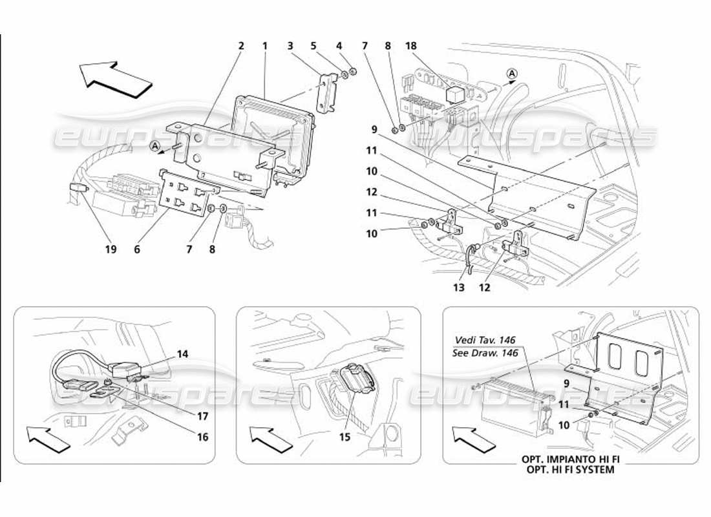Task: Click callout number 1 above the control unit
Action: pos(265,46)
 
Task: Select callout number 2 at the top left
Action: pos(240,46)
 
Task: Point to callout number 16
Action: pos(203,438)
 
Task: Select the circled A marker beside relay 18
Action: pos(511,74)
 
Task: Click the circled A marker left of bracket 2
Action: pos(156,146)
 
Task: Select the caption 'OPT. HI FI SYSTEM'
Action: pos(567,470)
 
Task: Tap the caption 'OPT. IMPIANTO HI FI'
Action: pos(567,459)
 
